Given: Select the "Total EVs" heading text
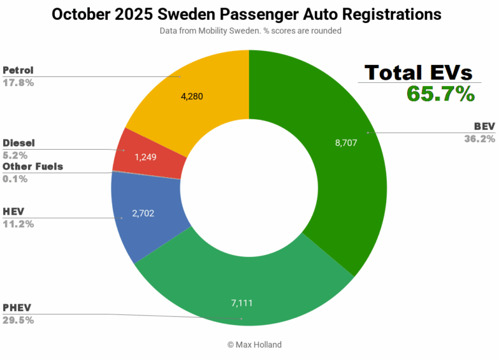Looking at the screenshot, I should tap(419, 72).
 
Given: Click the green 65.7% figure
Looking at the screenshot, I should tap(440, 94).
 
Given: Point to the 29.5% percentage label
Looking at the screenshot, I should tap(18, 320).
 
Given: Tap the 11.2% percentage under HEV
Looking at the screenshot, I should tap(18, 223).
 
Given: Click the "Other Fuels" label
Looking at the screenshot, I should tap(32, 167).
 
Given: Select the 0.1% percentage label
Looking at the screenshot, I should tap(16, 178).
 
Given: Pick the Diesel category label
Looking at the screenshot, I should tap(19, 143).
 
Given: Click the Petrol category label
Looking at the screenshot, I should tap(19, 69).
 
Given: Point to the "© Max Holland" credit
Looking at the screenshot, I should tap(249, 344).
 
